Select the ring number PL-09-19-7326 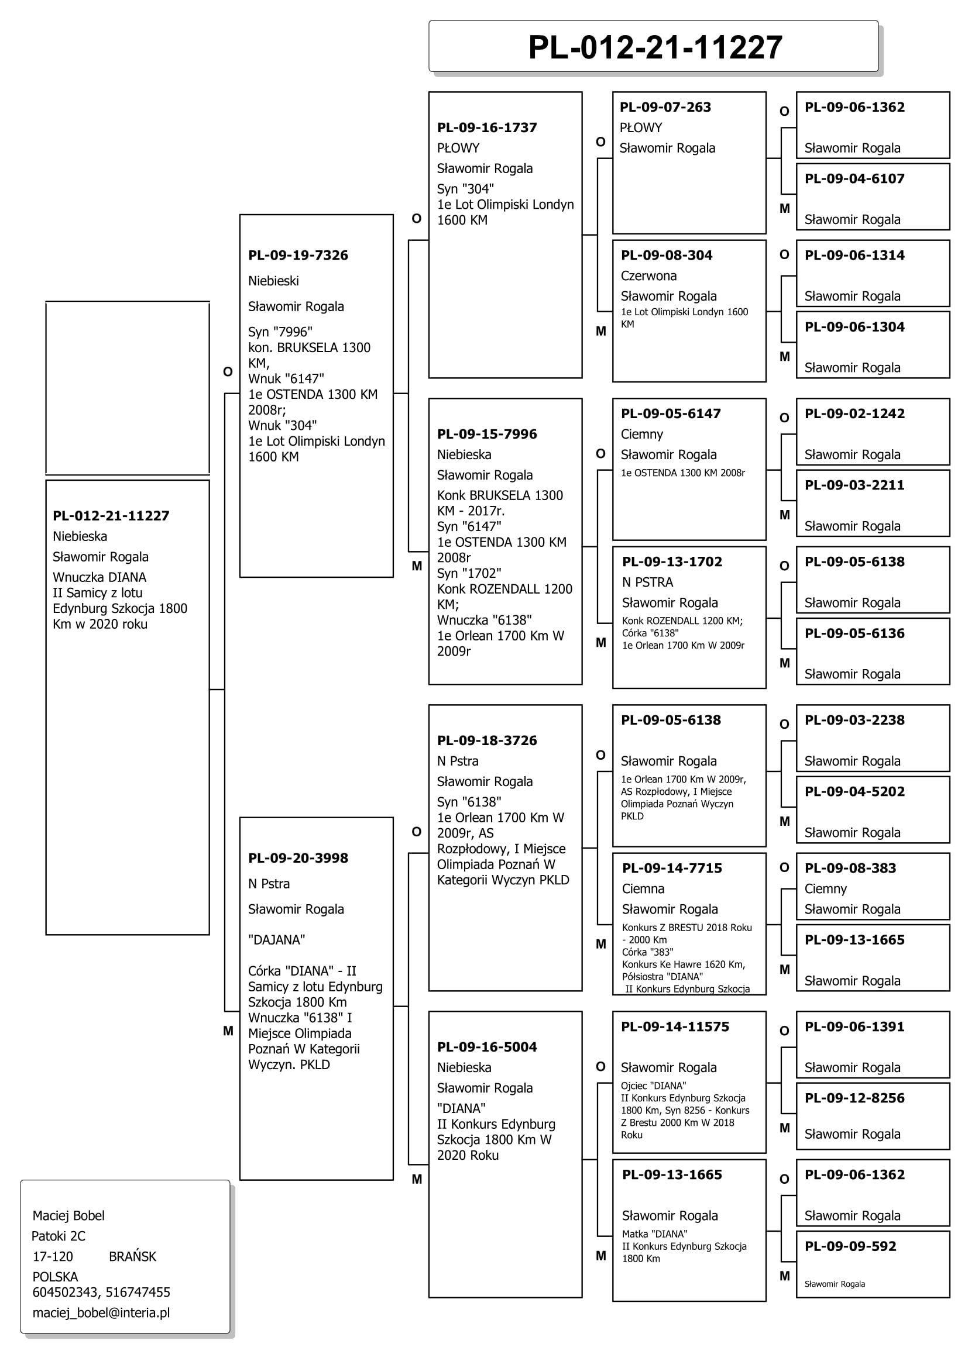click(298, 255)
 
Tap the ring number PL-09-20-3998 click(298, 858)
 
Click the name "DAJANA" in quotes click(277, 940)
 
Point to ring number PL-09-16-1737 click(487, 128)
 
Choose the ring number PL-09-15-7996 click(487, 434)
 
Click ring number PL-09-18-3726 click(487, 740)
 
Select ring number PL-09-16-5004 click(487, 1047)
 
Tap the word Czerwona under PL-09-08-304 click(648, 276)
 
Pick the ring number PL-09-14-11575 click(675, 1026)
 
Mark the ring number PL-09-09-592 click(850, 1246)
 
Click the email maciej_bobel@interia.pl click(101, 1312)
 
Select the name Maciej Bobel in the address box click(68, 1215)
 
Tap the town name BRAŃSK click(132, 1256)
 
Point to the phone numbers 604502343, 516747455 click(101, 1293)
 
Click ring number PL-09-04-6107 click(854, 179)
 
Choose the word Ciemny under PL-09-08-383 click(826, 889)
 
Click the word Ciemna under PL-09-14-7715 click(643, 889)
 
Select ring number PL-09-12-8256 click(854, 1098)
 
